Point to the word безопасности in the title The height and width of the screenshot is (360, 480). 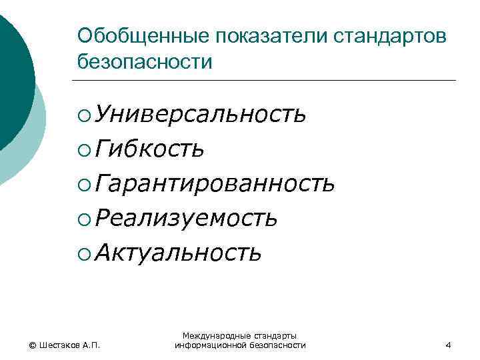coord(144,62)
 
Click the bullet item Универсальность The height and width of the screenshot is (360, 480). coord(201,115)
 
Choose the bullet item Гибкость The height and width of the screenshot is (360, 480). coord(150,149)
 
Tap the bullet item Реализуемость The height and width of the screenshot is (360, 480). coord(186,218)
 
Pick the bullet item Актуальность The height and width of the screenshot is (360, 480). coord(178,252)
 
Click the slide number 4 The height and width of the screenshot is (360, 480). coord(448,345)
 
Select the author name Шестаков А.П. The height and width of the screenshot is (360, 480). coord(69,345)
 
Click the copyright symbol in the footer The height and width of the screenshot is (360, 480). coord(32,345)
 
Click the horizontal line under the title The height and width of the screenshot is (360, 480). coord(267,81)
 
